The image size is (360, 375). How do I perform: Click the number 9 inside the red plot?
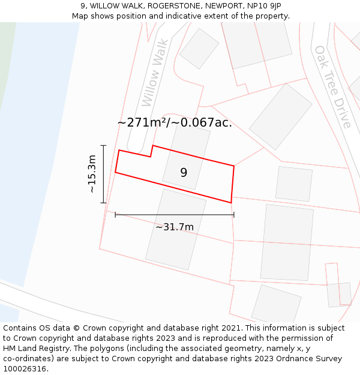pyautogui.click(x=184, y=173)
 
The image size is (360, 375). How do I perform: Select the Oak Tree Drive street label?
pyautogui.click(x=332, y=87)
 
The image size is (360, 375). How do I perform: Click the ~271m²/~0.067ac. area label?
pyautogui.click(x=175, y=123)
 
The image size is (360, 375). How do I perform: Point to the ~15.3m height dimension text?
pyautogui.click(x=92, y=174)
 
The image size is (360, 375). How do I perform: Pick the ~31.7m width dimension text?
pyautogui.click(x=175, y=227)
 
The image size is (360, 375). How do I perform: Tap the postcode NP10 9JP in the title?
pyautogui.click(x=263, y=6)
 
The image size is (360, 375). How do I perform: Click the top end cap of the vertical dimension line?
pyautogui.click(x=104, y=145)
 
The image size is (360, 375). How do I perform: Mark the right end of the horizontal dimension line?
pyautogui.click(x=234, y=214)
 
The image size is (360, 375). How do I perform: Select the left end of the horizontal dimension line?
pyautogui.click(x=115, y=214)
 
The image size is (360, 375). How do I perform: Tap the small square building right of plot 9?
pyautogui.click(x=294, y=184)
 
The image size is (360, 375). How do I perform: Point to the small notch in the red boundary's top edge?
pyautogui.click(x=151, y=151)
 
